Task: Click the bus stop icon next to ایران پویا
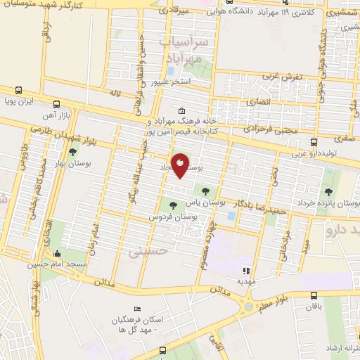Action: coord(18,90)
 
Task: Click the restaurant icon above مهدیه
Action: coord(246,270)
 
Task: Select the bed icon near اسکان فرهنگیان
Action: coord(138,309)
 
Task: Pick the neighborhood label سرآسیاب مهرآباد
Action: coord(182,51)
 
